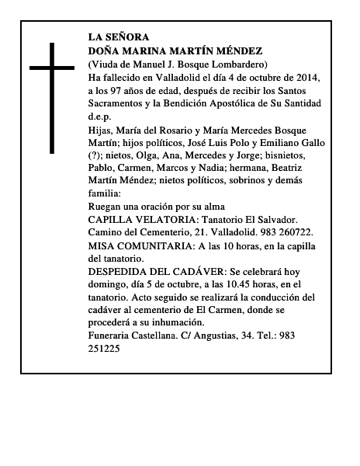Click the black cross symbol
tap(54, 97)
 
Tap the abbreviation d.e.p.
tap(100, 116)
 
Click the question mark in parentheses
tap(99, 156)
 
